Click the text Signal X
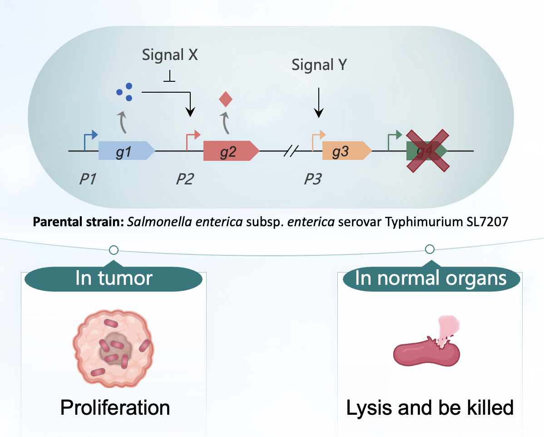(170, 55)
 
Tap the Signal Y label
(319, 65)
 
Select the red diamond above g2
(226, 98)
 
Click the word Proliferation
(115, 407)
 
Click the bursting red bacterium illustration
(428, 345)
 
